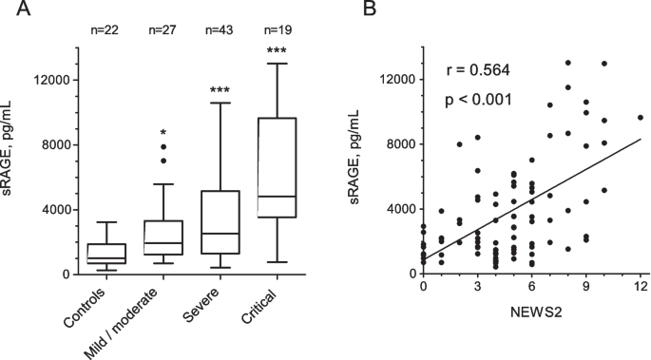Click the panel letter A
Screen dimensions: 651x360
point(23,8)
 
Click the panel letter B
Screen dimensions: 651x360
point(370,8)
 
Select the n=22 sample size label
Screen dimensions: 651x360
point(105,29)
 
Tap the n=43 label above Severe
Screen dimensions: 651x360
point(220,29)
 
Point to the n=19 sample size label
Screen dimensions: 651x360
point(278,29)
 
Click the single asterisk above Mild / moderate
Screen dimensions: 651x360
point(163,133)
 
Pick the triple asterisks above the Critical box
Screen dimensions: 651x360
point(277,50)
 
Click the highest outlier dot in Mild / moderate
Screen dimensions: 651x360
point(163,147)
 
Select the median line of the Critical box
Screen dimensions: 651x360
point(278,197)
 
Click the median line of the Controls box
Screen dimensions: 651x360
point(106,258)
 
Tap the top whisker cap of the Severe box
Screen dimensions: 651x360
point(220,103)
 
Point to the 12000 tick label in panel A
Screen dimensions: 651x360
point(52,80)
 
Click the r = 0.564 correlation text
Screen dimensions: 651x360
point(477,70)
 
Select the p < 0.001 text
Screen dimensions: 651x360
point(478,100)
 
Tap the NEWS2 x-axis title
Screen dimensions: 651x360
point(536,312)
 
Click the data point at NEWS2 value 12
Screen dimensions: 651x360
point(641,118)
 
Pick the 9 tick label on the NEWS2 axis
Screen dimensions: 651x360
point(586,287)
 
